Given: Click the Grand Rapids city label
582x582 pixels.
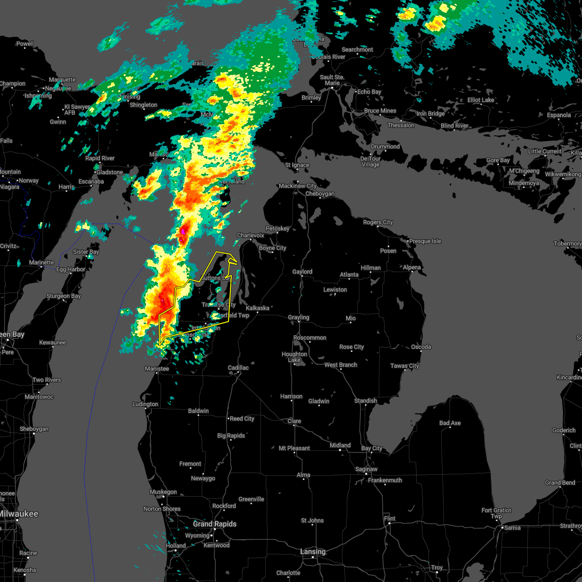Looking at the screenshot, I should (214, 524).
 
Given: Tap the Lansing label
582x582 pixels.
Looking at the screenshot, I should (313, 551).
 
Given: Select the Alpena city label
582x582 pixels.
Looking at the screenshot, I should (412, 268).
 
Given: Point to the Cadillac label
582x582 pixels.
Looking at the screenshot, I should (238, 368).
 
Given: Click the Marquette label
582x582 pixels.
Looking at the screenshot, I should (62, 80).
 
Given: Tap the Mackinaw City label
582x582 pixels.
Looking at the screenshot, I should (297, 186).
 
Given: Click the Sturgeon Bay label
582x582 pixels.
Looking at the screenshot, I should (64, 296).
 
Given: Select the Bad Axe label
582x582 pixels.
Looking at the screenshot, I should (450, 423).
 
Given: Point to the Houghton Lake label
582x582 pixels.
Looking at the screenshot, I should (294, 357).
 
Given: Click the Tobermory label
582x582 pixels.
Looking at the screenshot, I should (568, 243).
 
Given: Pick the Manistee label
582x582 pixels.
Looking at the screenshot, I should (157, 369).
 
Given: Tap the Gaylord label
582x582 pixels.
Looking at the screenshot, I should (302, 272).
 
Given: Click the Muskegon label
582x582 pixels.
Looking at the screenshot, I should (163, 492).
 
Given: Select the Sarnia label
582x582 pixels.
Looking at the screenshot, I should (512, 528).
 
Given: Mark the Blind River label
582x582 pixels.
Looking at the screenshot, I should (454, 126).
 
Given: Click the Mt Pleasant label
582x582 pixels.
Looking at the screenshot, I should (294, 448).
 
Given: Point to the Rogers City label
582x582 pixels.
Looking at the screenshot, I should (378, 223).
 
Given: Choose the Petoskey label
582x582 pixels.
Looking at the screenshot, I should (277, 228).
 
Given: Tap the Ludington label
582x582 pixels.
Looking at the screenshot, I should (145, 404).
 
